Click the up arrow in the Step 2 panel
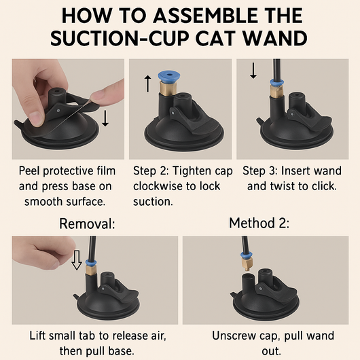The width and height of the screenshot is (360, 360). [148, 84]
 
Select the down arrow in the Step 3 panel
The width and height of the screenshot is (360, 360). [253, 71]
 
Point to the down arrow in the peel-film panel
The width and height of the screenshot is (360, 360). [105, 118]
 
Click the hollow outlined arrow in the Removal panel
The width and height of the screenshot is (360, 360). [77, 260]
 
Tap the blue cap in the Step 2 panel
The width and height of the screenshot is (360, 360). [169, 77]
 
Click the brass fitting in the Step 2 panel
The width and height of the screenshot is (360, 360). [168, 88]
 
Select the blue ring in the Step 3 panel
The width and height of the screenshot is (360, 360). [276, 82]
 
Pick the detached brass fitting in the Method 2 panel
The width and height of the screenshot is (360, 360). [247, 264]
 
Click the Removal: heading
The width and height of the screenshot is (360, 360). [87, 223]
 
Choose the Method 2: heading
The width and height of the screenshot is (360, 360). [259, 223]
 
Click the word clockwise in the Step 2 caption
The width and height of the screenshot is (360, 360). [158, 186]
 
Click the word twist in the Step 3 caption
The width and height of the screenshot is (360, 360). [281, 186]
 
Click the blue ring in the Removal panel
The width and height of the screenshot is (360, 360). [91, 263]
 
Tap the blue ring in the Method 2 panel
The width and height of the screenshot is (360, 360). [247, 255]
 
